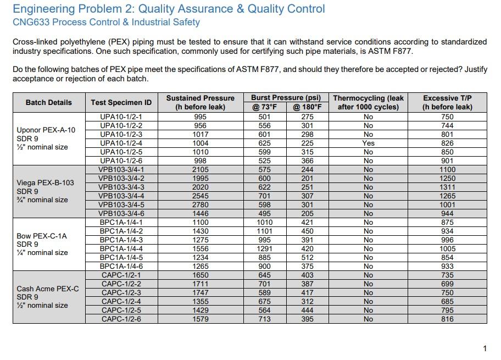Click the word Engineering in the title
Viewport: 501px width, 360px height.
pyautogui.click(x=43, y=9)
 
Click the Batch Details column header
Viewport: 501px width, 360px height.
pyautogui.click(x=48, y=102)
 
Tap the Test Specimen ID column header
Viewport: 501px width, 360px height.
pyautogui.click(x=121, y=102)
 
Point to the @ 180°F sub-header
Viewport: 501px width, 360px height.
pyautogui.click(x=307, y=107)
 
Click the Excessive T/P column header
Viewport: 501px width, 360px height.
pyautogui.click(x=447, y=102)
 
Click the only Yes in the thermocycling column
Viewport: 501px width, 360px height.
pyautogui.click(x=368, y=143)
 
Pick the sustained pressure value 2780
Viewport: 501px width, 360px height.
pyautogui.click(x=201, y=205)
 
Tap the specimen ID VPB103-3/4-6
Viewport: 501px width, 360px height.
pyautogui.click(x=121, y=214)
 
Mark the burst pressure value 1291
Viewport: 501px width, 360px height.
pyautogui.click(x=265, y=249)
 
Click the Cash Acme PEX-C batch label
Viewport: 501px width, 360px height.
pyautogui.click(x=48, y=289)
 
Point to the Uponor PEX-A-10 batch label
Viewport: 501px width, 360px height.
pyautogui.click(x=46, y=130)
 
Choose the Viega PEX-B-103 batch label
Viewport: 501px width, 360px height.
pyautogui.click(x=45, y=183)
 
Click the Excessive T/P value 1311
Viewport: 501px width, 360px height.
pyautogui.click(x=447, y=187)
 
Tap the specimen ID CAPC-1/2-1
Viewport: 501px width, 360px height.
pyautogui.click(x=121, y=275)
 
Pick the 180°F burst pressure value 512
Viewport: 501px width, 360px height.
pyautogui.click(x=307, y=258)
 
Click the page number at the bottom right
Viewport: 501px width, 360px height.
pyautogui.click(x=485, y=348)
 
